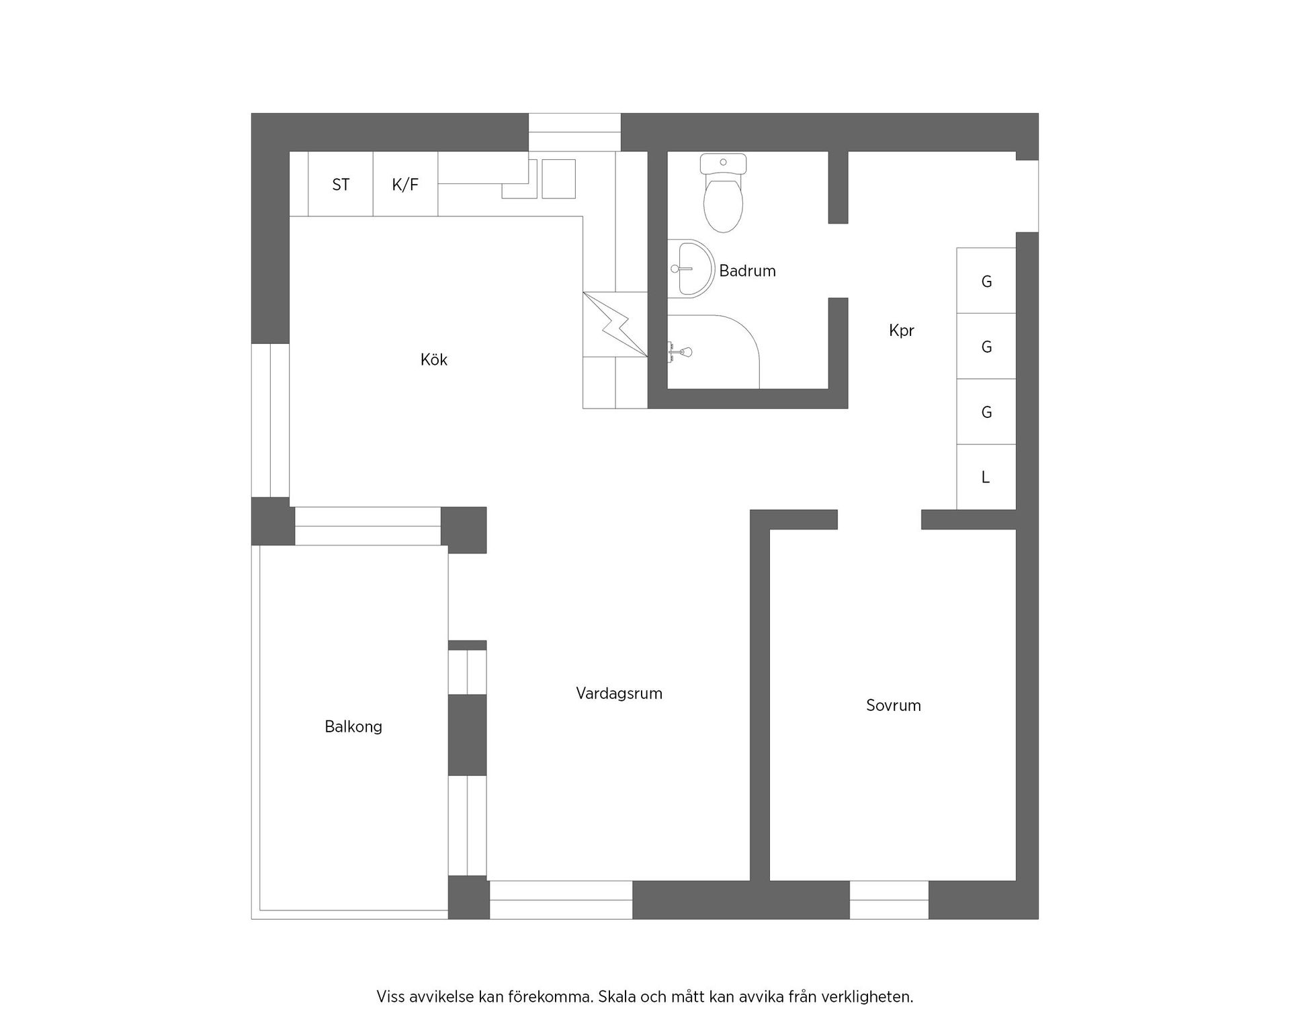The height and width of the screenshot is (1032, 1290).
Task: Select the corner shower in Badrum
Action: (712, 352)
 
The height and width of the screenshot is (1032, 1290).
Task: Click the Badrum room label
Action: (747, 271)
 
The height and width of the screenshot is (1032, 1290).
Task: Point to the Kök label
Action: (433, 359)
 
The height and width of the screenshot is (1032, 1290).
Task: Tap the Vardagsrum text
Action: (619, 693)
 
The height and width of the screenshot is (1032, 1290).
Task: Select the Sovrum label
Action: (893, 705)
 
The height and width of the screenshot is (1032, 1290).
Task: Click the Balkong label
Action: (353, 726)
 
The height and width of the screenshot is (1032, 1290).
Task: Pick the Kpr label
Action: (901, 331)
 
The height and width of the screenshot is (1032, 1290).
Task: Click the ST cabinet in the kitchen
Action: (341, 184)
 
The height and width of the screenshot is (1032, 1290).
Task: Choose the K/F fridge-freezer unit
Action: (405, 184)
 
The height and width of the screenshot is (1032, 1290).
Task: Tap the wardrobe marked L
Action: (986, 477)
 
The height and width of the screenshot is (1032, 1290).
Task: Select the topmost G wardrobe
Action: (986, 281)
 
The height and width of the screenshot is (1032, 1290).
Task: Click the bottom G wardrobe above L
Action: (986, 412)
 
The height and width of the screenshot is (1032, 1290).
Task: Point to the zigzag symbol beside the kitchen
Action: (615, 325)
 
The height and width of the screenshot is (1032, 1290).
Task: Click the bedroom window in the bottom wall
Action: (889, 900)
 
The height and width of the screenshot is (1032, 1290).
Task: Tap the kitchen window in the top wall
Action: (574, 132)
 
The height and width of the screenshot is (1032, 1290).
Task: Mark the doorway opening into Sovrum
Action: (879, 519)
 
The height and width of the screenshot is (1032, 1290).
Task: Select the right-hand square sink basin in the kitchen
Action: (558, 179)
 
